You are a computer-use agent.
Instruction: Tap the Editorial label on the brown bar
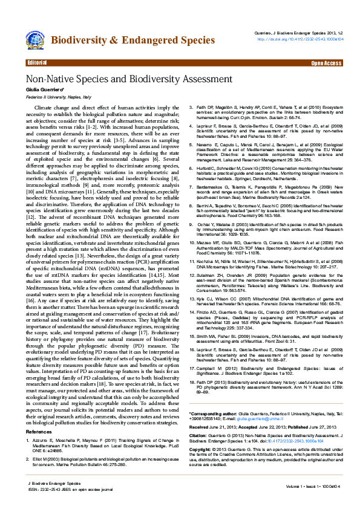pyautogui.click(x=38, y=63)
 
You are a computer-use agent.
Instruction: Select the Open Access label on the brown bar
pyautogui.click(x=326, y=63)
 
